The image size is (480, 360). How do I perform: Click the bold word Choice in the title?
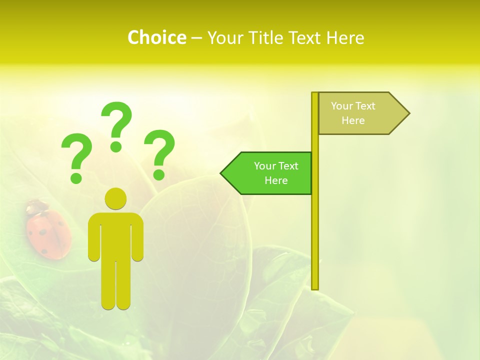[x=156, y=38]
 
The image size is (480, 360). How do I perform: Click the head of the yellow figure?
[x=115, y=198]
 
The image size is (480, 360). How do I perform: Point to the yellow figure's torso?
[x=115, y=235]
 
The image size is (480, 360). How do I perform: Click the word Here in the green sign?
[x=276, y=180]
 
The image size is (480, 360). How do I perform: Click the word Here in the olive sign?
[x=353, y=120]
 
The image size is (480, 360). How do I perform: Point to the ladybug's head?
[x=35, y=206]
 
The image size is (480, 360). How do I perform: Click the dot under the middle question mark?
[x=116, y=146]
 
